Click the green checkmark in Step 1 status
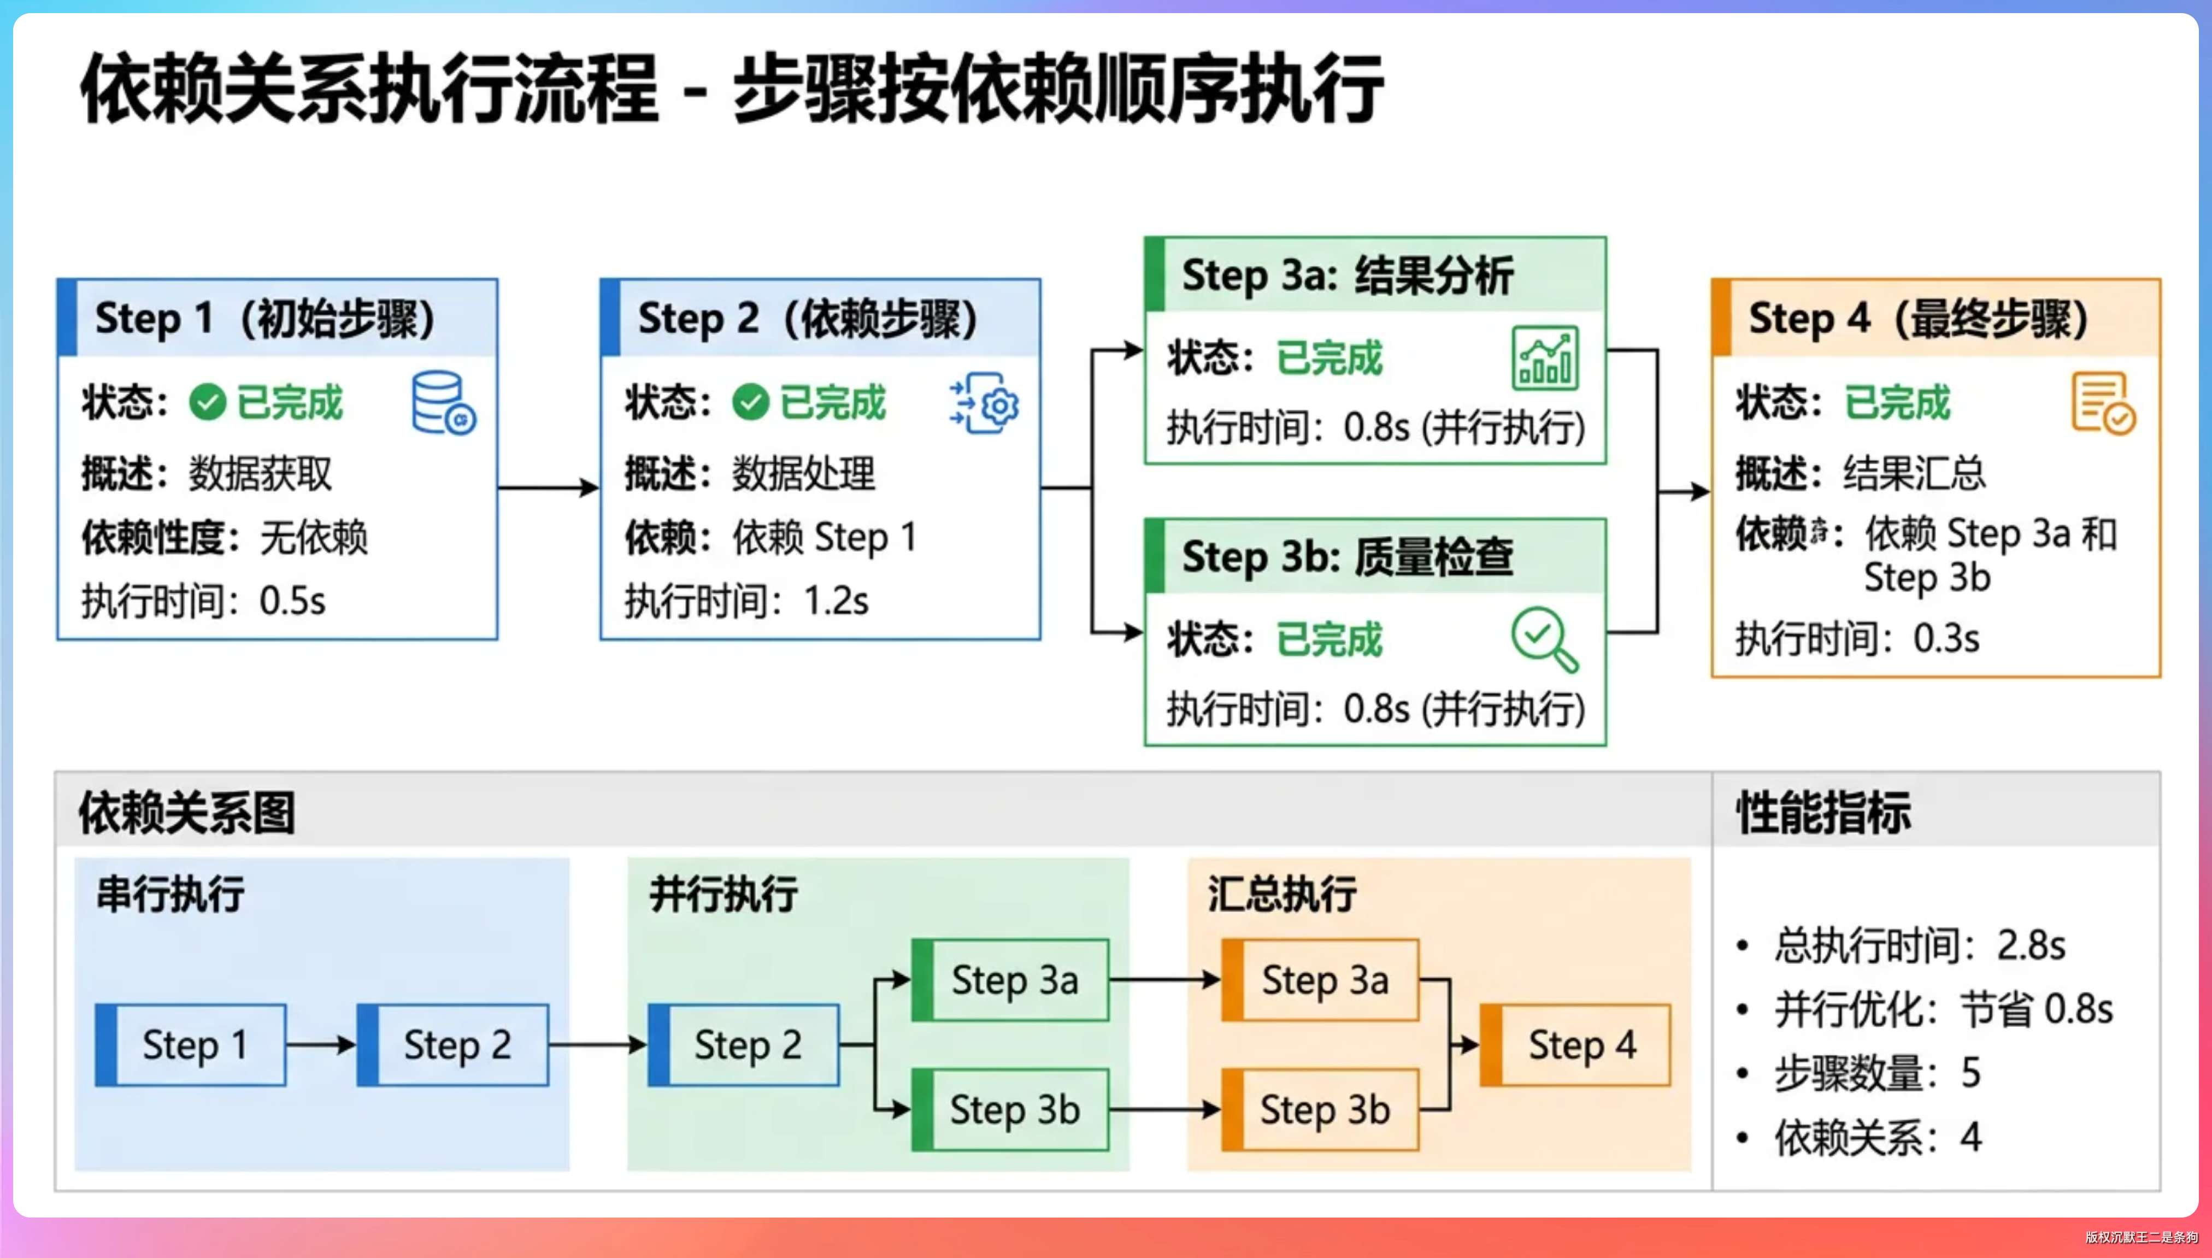tap(207, 402)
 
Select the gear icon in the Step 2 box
tap(986, 403)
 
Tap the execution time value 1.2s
tap(835, 601)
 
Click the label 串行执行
tap(170, 894)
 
